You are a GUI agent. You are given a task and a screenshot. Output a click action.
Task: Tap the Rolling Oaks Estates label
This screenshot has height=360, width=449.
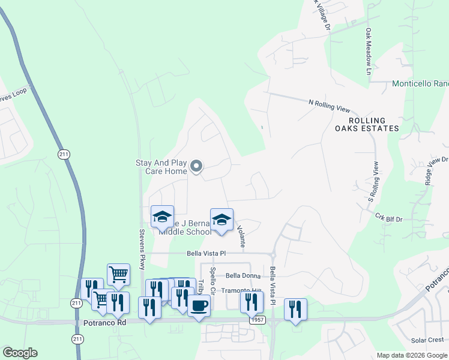(367, 124)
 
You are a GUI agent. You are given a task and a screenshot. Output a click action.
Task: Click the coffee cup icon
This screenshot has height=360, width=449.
(199, 305)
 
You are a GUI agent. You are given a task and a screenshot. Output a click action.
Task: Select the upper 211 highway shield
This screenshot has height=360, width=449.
(64, 154)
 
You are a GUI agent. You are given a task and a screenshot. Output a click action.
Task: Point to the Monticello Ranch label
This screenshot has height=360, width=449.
(420, 84)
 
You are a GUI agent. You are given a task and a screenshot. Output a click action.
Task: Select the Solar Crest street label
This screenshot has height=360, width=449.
(427, 340)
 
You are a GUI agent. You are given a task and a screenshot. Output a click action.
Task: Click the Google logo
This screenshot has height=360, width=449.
(20, 353)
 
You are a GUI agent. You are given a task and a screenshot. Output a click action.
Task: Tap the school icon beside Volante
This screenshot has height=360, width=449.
(221, 220)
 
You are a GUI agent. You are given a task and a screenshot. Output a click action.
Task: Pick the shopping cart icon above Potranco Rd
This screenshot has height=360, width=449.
(118, 275)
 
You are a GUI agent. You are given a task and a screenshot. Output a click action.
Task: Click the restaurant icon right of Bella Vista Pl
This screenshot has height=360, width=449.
(295, 310)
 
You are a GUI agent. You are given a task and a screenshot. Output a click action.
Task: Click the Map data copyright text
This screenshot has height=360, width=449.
(411, 355)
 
